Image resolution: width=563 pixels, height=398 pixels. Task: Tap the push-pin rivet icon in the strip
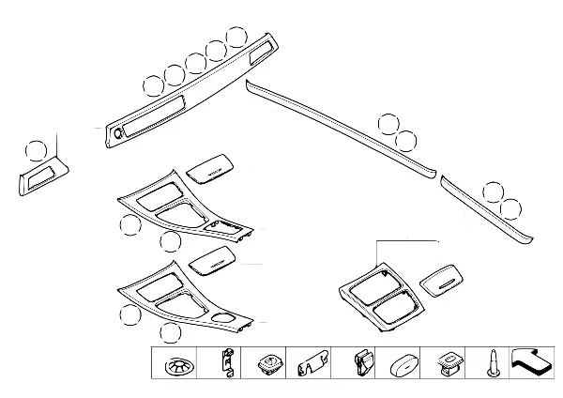pos(491,363)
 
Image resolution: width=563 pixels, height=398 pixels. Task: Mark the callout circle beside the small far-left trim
pos(36,150)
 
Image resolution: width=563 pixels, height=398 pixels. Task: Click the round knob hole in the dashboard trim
pos(117,134)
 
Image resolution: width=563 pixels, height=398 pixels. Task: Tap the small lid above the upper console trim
pos(211,169)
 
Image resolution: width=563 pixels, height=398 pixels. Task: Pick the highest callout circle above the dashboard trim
pos(237,38)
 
